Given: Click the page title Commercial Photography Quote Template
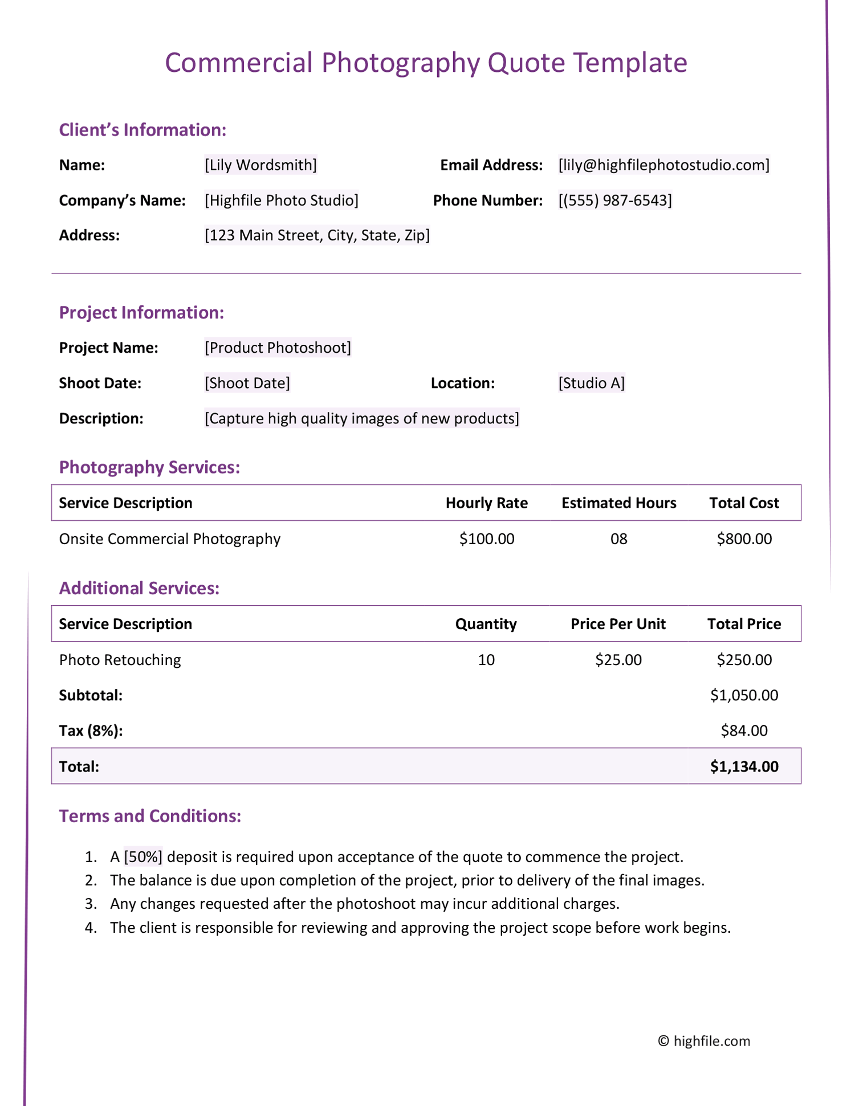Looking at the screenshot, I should click(426, 63).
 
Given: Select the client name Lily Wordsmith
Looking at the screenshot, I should click(260, 165).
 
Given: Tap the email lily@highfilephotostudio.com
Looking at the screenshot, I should click(663, 165).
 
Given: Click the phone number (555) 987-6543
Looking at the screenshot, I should click(615, 201).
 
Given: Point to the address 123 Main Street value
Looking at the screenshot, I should click(317, 235).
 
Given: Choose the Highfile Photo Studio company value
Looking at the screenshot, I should click(282, 201).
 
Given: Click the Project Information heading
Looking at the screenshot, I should click(141, 312).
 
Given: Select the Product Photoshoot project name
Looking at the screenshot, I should click(278, 348).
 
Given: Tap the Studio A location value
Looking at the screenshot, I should click(591, 383).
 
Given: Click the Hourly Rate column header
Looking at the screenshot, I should click(486, 503).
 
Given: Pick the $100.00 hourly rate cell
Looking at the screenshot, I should click(486, 539).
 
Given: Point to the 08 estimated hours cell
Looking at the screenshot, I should click(618, 539).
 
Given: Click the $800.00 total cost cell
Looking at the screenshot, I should click(744, 539).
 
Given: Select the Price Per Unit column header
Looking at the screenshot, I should click(618, 624).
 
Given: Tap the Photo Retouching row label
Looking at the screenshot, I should click(120, 660).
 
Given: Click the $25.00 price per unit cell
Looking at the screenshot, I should click(618, 660).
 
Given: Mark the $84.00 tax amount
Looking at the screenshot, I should click(744, 730).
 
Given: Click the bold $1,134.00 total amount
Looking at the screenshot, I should click(744, 766).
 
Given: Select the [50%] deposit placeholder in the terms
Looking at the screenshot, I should click(143, 857).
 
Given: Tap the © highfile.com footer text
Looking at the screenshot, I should click(704, 1041).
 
